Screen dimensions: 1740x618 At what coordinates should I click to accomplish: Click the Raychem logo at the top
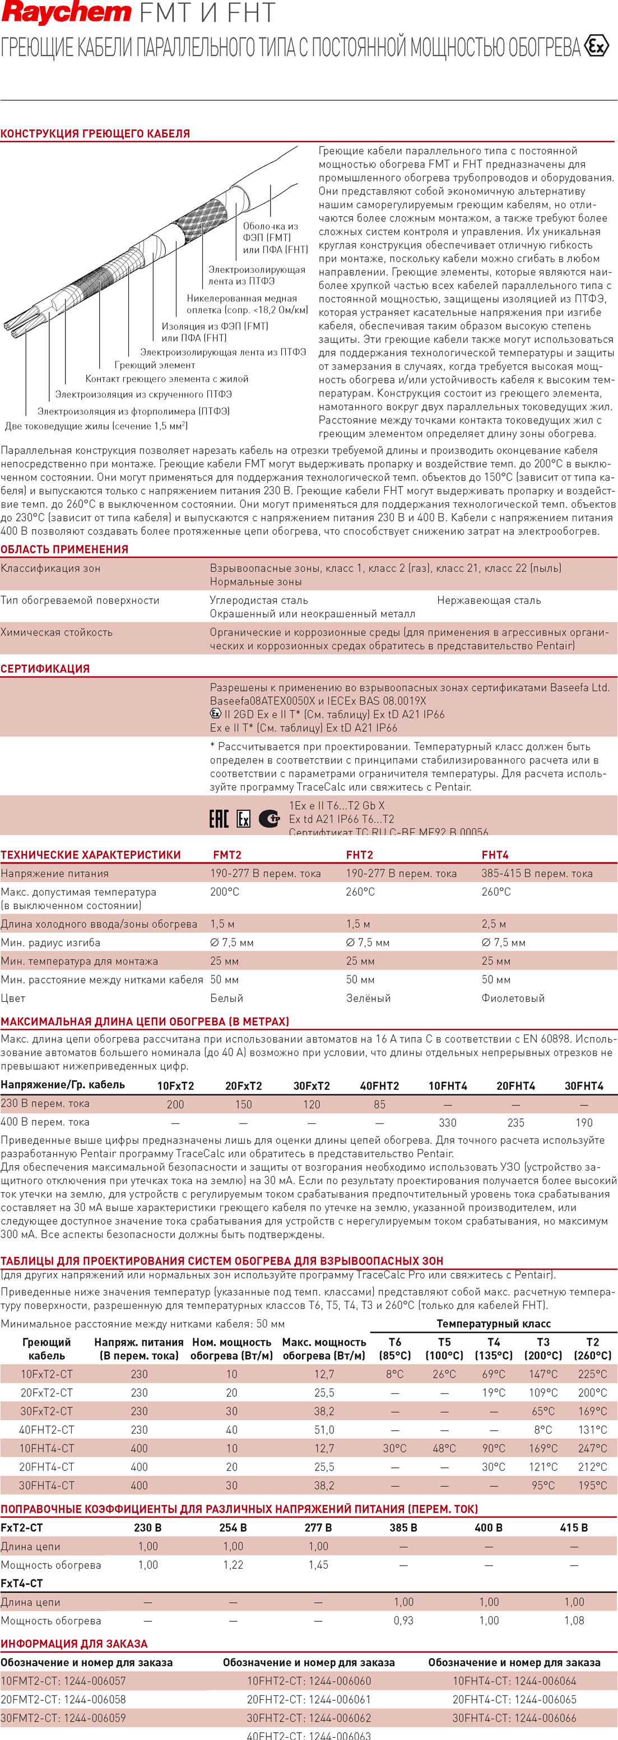pos(66,13)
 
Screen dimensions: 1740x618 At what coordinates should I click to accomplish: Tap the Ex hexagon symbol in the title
pos(596,46)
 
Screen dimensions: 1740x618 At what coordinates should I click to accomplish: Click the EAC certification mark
pos(219,819)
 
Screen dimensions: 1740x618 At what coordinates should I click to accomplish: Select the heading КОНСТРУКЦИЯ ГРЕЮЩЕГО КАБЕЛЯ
pos(95,134)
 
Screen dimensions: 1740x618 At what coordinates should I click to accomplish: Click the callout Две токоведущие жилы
pos(96,426)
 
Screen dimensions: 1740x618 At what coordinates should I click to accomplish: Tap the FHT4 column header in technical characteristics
pos(495,855)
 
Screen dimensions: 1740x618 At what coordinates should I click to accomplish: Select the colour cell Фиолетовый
pos(513,999)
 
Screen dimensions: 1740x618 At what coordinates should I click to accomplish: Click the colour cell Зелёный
pos(369,999)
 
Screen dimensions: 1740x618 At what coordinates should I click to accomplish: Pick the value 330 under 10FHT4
pos(448,1123)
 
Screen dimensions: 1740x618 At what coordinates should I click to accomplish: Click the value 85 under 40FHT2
pos(379,1104)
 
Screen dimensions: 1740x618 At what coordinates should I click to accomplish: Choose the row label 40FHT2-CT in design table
pos(47,1430)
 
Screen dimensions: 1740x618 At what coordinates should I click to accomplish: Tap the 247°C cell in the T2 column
pos(592,1448)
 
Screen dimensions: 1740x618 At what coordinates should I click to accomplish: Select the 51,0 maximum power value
pos(324,1430)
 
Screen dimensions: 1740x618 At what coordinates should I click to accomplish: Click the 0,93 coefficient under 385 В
pos(403,1621)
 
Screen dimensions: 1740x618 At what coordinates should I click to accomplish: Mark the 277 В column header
pos(318,1528)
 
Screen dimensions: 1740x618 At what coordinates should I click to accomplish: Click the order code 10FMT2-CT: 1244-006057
pos(63,1681)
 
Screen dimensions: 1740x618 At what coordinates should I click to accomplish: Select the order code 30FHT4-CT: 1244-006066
pos(514,1718)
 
